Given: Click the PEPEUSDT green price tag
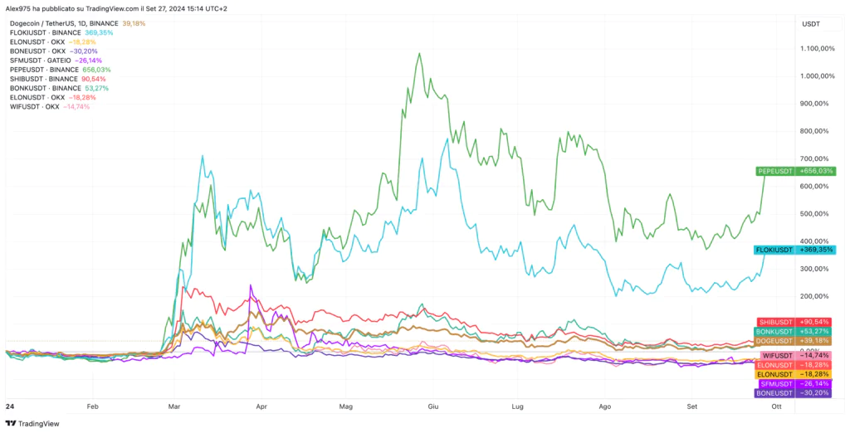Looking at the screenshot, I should [776, 171].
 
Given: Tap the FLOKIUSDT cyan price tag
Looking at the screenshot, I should [775, 250].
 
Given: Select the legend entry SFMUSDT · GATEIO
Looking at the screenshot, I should [39, 61].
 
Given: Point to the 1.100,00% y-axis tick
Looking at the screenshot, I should [818, 48].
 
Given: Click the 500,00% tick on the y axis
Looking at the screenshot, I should [818, 214].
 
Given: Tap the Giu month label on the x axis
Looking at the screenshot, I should [432, 407].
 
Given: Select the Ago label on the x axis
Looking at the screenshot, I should [604, 407].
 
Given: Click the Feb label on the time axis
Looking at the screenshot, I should [92, 407].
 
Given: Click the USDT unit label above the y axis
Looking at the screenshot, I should [811, 24].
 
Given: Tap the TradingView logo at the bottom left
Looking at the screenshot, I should [33, 423].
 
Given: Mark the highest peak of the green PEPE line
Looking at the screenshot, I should [420, 54].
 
